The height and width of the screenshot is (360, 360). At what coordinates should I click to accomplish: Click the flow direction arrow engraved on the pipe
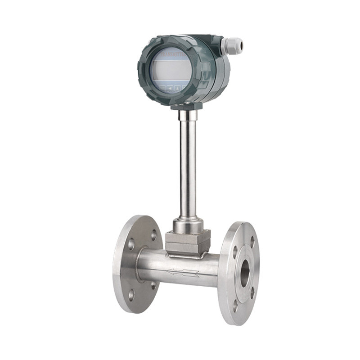[x=183, y=272]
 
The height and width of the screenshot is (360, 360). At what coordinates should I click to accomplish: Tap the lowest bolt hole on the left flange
[x=131, y=295]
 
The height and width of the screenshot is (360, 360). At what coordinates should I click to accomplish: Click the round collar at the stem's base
[x=188, y=225]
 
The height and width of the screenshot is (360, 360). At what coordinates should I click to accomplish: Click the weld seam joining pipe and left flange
[x=139, y=265]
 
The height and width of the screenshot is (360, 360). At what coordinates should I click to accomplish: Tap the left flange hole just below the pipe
[x=153, y=285]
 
